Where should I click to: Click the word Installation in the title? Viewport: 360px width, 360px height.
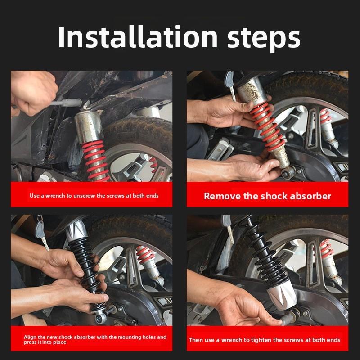pyautogui.click(x=138, y=37)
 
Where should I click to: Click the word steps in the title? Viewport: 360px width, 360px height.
pyautogui.click(x=264, y=39)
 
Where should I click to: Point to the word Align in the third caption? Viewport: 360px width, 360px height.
pyautogui.click(x=30, y=337)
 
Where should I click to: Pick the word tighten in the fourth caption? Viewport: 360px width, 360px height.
pyautogui.click(x=261, y=340)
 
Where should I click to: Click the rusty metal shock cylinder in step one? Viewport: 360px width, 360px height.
pyautogui.click(x=89, y=126)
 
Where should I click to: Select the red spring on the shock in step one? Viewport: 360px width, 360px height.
pyautogui.click(x=96, y=161)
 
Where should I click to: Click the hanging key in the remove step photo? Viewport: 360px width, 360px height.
pyautogui.click(x=230, y=85)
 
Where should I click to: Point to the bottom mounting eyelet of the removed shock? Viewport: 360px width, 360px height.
pyautogui.click(x=288, y=173)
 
